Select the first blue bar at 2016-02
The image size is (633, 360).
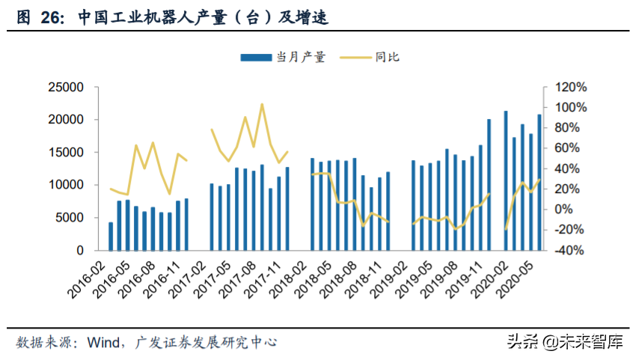111,236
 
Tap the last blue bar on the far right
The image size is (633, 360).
539,182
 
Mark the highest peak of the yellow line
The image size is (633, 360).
262,104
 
